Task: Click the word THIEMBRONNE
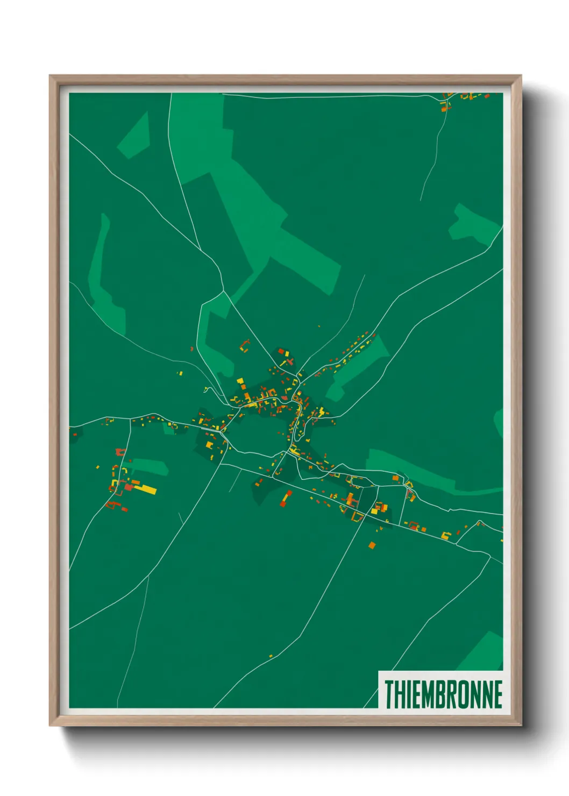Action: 443,694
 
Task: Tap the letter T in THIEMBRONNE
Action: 388,694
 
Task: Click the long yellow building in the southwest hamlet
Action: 146,489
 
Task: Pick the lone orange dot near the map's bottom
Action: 271,656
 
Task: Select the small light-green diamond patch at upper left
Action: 134,136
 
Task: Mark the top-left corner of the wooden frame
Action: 51,76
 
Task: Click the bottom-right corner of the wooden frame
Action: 521,724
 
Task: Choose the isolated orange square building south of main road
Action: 372,545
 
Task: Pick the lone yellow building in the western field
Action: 181,373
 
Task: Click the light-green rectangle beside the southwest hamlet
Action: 150,467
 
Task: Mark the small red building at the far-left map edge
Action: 74,434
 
